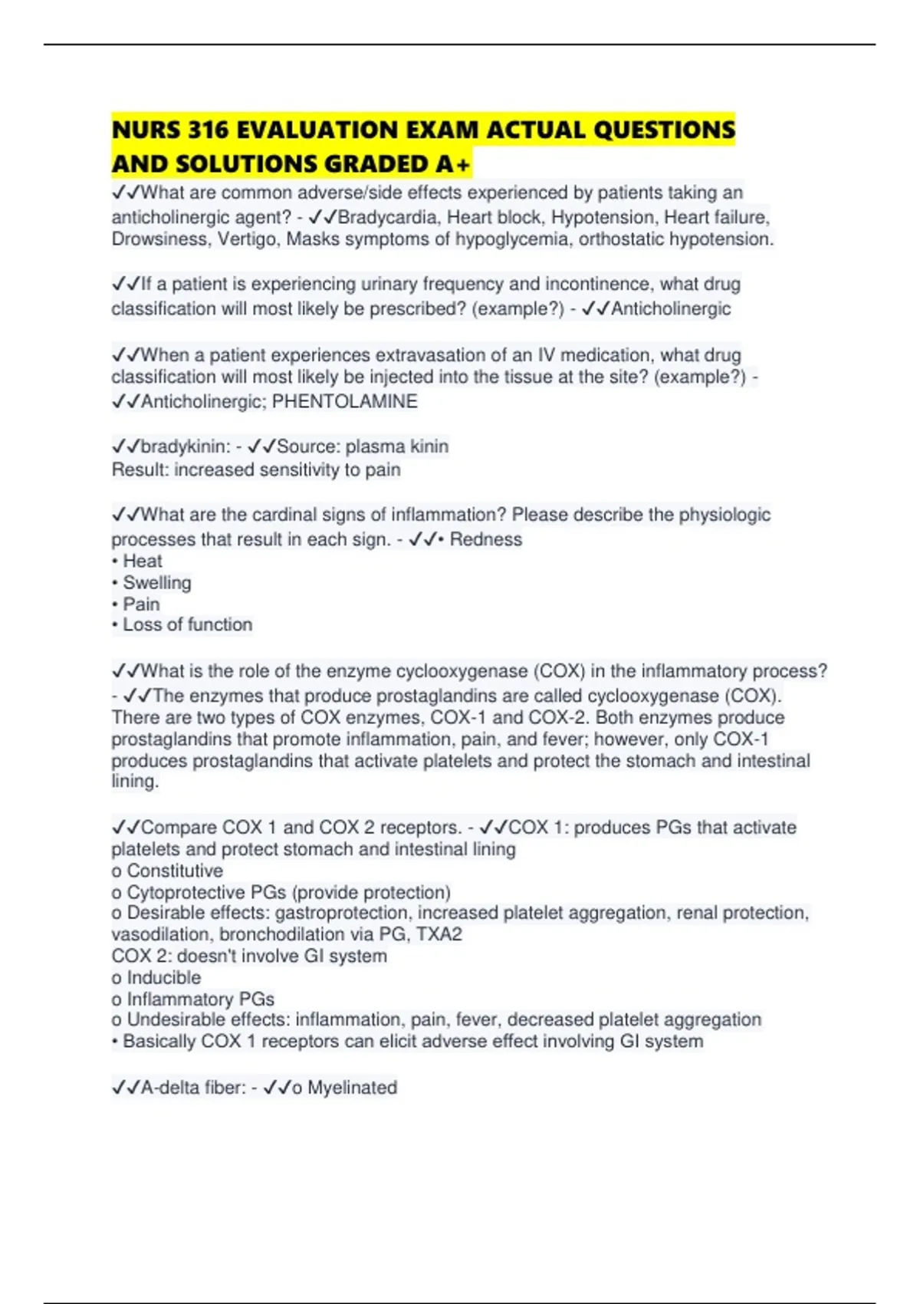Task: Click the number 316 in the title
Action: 209,130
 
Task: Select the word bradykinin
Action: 185,446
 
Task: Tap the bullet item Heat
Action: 143,561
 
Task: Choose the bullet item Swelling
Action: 157,582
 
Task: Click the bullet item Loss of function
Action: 187,624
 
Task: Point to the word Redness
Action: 486,539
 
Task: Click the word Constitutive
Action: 175,871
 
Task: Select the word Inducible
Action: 164,977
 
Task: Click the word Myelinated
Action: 352,1087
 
